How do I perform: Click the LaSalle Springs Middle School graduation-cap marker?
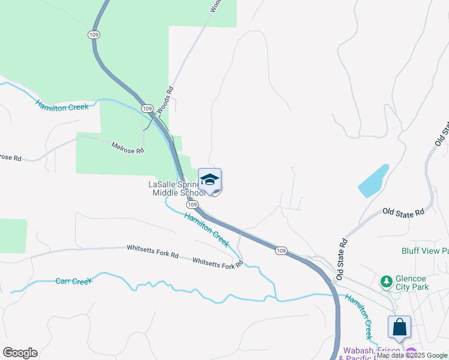(x=209, y=180)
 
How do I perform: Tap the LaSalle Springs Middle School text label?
(x=178, y=188)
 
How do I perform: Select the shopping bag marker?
(x=399, y=328)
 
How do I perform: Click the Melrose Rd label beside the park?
(x=128, y=147)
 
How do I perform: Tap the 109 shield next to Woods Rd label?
(x=146, y=107)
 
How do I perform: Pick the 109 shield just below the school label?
(x=191, y=205)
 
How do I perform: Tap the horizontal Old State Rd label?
(x=403, y=212)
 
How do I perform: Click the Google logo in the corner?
(x=20, y=353)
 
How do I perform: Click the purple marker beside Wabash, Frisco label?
(x=411, y=352)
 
